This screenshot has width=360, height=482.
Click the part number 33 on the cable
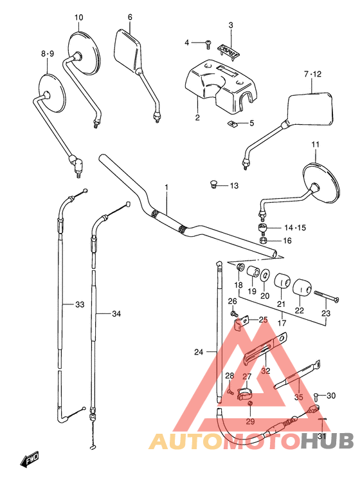tap(79, 304)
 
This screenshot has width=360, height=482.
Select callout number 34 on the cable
tap(116, 314)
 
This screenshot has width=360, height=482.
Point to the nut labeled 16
tap(264, 241)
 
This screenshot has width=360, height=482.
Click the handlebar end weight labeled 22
tap(301, 287)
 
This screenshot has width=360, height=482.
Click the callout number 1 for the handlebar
tap(166, 187)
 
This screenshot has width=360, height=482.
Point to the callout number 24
tap(198, 352)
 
